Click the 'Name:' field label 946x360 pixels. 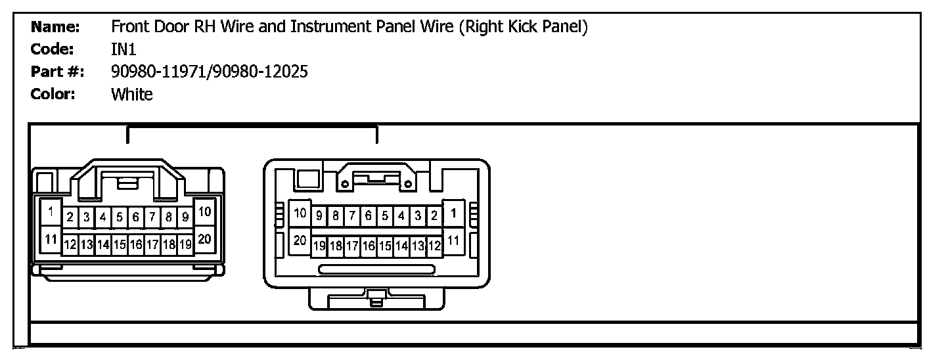[x=55, y=27]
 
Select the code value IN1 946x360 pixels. [x=124, y=49]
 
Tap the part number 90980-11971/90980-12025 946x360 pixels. [x=209, y=72]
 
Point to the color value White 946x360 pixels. [x=131, y=95]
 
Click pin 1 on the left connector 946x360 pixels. [x=50, y=212]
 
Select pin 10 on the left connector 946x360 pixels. [x=204, y=212]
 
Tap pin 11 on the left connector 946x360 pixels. [x=50, y=239]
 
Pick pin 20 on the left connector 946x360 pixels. [x=204, y=239]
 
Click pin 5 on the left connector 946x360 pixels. [x=120, y=216]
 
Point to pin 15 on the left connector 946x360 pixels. [x=120, y=245]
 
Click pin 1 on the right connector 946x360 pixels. [x=453, y=213]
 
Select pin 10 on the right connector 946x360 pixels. [x=300, y=213]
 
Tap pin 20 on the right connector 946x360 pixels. [x=300, y=240]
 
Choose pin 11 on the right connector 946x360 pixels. [x=453, y=240]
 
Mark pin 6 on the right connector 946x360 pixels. [x=368, y=215]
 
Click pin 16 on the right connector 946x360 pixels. [x=368, y=246]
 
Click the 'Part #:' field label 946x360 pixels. [x=57, y=72]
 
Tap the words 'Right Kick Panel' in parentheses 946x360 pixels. [x=522, y=27]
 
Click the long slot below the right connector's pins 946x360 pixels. [x=376, y=269]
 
